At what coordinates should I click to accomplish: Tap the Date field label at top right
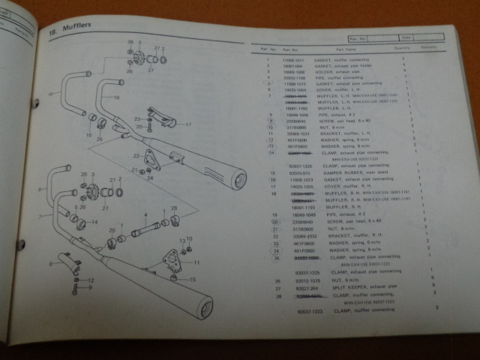click(406, 37)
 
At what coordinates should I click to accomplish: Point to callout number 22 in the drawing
click(137, 155)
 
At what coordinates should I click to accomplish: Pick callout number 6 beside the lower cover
click(51, 263)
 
